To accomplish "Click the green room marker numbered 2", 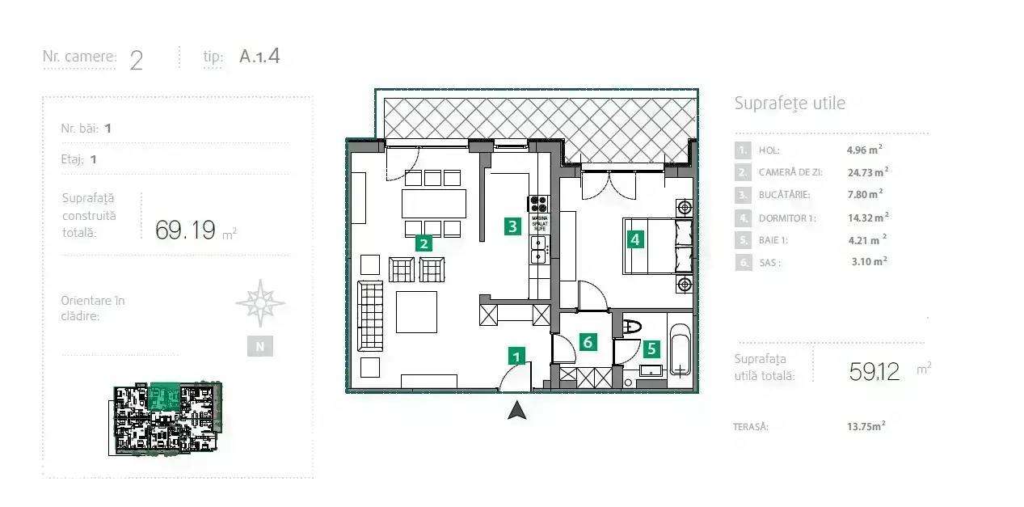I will coord(422,243).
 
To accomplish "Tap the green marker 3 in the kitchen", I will coord(512,226).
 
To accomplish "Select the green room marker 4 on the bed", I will coord(635,239).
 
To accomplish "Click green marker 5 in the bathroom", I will coord(651,349).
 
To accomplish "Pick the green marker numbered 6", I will coord(588,342).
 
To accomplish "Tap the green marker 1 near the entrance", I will coord(516,355).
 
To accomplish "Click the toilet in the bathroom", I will coord(631,327).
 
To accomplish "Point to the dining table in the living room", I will coord(434,203).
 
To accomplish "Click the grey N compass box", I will coord(259,346).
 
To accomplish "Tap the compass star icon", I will coord(259,303).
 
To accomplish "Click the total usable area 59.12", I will coord(874,371).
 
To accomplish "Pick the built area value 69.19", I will coord(186,230).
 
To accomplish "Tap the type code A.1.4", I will coord(259,57).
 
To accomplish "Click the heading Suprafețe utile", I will coord(789,104).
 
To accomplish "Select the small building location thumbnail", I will coord(167,418).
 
